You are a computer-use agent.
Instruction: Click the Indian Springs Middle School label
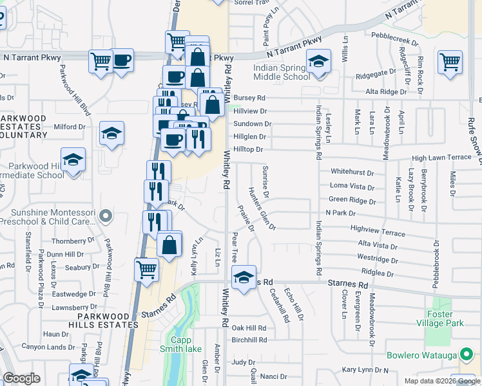coord(282,72)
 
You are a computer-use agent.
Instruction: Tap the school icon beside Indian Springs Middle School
coord(318,62)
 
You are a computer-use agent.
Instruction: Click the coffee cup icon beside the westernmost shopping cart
coord(122,61)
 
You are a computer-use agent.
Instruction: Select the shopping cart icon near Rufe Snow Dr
coord(450,63)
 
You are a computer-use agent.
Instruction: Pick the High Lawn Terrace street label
coord(442,158)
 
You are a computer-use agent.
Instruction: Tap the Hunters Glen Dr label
coord(262,209)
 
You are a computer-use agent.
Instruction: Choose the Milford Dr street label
coord(69,127)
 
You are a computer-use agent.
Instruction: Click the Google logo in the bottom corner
coord(21,378)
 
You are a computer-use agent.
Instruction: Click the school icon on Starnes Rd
coord(244,279)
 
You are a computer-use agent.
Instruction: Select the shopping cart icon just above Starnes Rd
coord(146,270)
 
